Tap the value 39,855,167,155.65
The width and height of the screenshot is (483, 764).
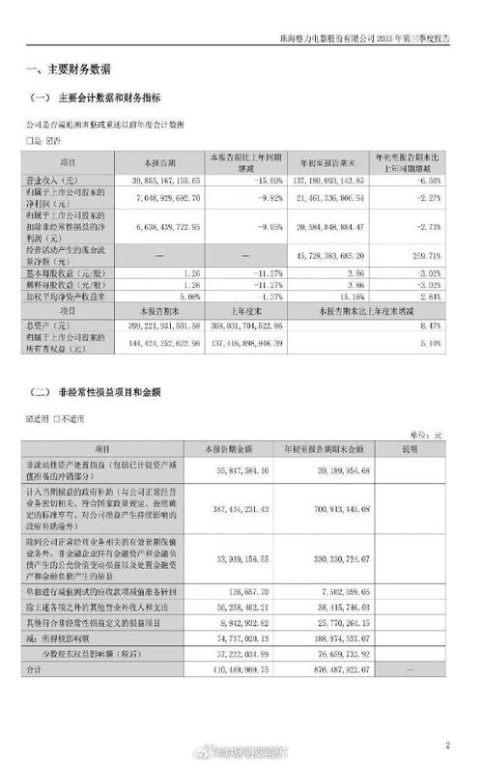(x=169, y=181)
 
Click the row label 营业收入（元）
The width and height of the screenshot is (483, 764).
(x=64, y=181)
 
